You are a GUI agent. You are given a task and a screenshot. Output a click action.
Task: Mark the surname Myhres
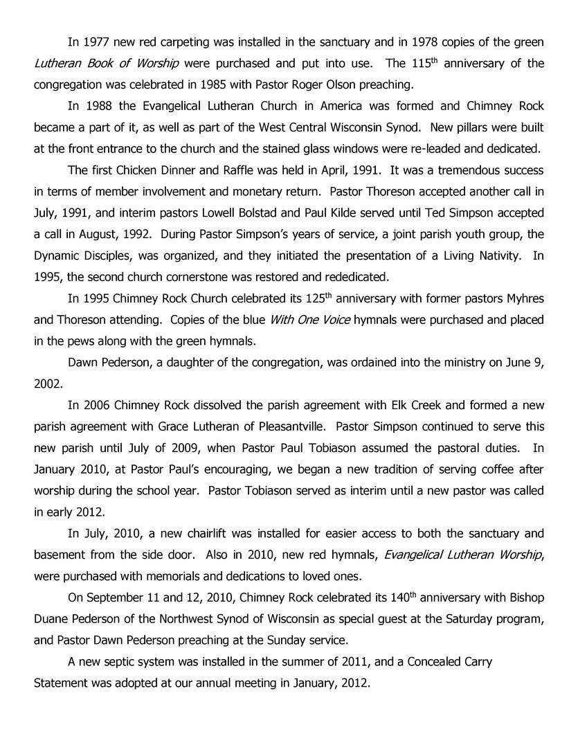tap(523, 299)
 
